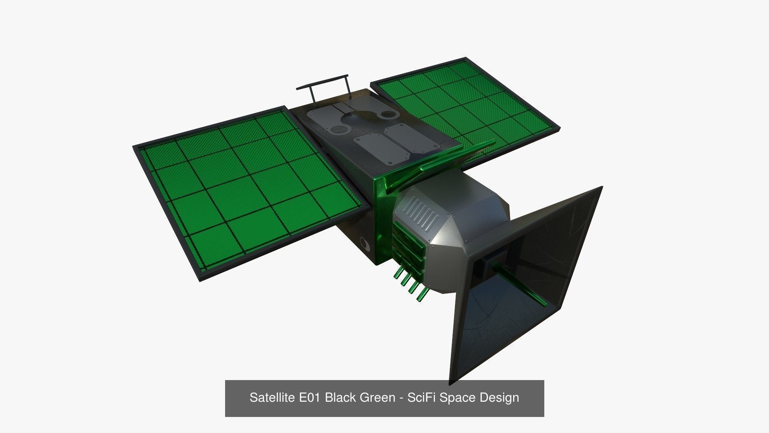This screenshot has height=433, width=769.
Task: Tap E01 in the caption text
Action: [x=310, y=398]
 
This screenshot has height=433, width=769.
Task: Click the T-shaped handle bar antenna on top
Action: [x=323, y=82]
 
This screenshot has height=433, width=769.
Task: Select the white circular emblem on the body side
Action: [x=365, y=244]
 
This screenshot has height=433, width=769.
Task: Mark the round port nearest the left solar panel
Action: [x=340, y=129]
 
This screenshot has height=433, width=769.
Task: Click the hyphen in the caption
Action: [x=402, y=398]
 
